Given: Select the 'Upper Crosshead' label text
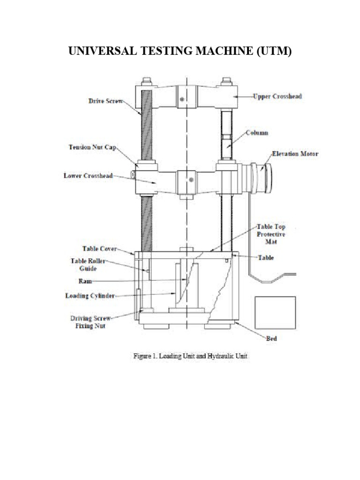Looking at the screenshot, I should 277,97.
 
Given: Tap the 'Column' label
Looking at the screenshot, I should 257,133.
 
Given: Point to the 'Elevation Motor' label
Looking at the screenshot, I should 295,153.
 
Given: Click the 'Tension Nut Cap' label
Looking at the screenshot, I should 92,147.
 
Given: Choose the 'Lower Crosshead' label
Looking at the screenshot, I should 88,176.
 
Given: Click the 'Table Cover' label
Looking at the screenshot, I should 99,249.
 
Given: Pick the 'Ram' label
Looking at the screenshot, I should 86,281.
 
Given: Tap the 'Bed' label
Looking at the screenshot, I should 271,337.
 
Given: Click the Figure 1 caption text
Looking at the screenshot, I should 187,356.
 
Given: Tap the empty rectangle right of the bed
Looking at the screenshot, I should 275,313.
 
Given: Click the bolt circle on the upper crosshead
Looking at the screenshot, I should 182,98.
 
